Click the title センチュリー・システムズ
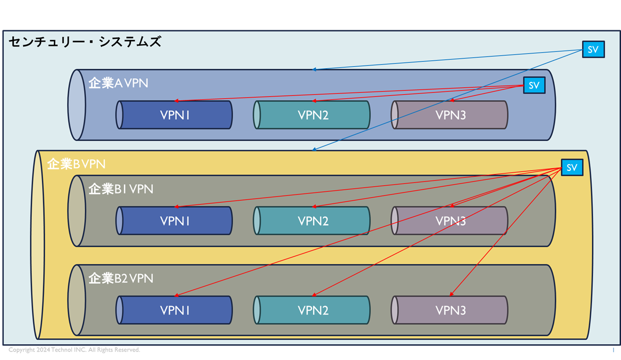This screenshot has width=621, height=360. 85,42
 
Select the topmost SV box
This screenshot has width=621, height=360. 593,50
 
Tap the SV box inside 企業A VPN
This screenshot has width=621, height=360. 534,85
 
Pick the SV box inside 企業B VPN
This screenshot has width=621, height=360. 572,168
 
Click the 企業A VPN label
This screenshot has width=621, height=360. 118,83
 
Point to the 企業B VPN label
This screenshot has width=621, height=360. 76,164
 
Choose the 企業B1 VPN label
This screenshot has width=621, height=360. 120,189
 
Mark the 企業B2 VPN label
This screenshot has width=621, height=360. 120,278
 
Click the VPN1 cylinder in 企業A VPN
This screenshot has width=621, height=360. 175,115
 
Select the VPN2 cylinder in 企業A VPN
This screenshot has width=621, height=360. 313,115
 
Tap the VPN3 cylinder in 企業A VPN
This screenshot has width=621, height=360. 451,115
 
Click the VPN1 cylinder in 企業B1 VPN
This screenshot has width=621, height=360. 175,221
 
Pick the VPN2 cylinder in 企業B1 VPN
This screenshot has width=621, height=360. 313,221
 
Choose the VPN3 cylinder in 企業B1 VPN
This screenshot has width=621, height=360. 451,221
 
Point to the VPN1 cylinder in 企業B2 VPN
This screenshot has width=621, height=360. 175,310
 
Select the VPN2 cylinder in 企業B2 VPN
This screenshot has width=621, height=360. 313,310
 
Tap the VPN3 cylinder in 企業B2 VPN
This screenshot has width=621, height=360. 451,310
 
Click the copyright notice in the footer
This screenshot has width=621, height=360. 74,350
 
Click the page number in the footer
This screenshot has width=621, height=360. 613,350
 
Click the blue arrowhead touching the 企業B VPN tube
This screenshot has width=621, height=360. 314,150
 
